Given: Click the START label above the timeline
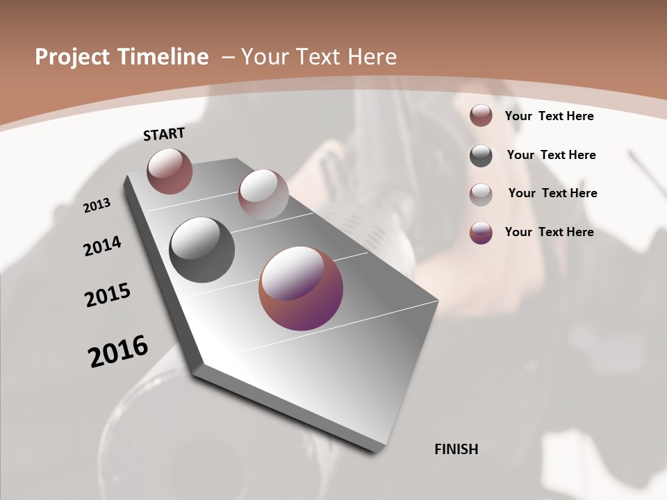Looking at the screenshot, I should click(164, 134).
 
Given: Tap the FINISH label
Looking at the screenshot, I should click(456, 449).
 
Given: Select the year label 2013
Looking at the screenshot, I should click(97, 206).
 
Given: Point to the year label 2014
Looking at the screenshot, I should click(102, 246).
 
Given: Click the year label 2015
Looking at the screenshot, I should click(107, 295).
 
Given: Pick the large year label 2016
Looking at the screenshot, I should click(118, 351).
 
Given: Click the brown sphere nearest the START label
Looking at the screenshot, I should click(170, 171).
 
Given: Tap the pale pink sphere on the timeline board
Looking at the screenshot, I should click(263, 194).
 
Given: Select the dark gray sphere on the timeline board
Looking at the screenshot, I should click(201, 250).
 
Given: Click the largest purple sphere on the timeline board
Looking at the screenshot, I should click(301, 288).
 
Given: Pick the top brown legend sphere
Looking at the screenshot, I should click(481, 115).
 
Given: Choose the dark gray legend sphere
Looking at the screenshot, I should click(481, 156).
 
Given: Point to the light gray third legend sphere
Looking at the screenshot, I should click(481, 194).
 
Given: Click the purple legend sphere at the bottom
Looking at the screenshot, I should click(481, 233).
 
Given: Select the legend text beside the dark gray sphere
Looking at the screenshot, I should click(551, 155).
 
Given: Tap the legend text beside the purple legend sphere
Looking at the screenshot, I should click(549, 232).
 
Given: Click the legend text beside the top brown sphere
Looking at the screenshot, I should click(549, 116).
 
